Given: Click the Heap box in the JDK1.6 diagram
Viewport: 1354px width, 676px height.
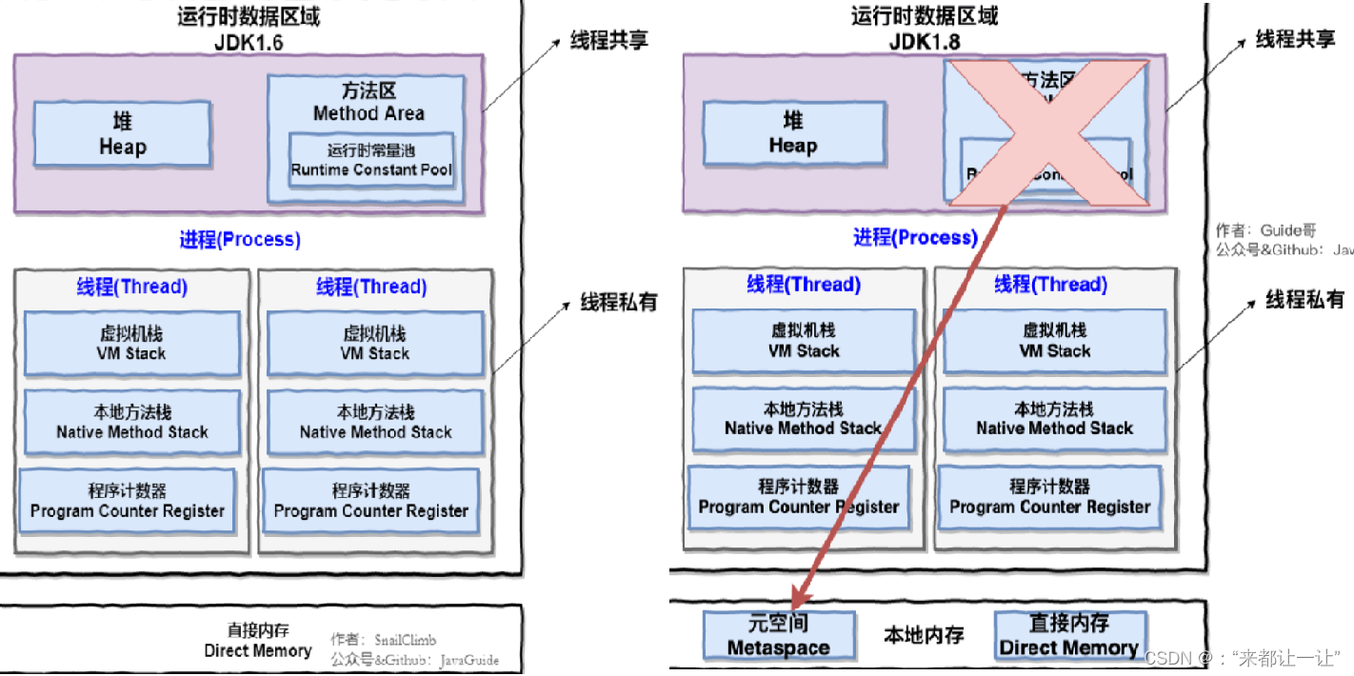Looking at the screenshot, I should tap(122, 134).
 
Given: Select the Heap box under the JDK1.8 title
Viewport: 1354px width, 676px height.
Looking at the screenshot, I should tap(792, 133).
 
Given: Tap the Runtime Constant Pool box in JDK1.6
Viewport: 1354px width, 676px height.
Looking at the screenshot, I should tap(371, 161).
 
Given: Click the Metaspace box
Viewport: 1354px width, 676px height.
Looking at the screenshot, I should tap(778, 636).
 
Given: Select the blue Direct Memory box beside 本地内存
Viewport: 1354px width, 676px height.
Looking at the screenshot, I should tap(1069, 636).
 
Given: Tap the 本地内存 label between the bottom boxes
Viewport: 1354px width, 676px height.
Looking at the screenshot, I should tap(923, 635).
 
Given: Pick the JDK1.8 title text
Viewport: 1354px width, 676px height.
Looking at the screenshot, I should tap(921, 43).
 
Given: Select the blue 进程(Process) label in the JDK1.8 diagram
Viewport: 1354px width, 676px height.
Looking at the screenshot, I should tap(915, 237).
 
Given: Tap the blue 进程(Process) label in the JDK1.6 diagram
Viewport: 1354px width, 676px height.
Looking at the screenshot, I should tap(240, 239).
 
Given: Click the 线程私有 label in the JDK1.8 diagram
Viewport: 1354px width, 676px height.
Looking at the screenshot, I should tap(1304, 300).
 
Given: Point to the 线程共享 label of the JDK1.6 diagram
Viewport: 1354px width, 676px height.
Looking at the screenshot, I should tap(609, 42).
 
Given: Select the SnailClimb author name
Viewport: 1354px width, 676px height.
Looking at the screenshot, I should tap(405, 640).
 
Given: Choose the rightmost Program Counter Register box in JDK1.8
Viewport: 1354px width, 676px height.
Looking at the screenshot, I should tap(1049, 496).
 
